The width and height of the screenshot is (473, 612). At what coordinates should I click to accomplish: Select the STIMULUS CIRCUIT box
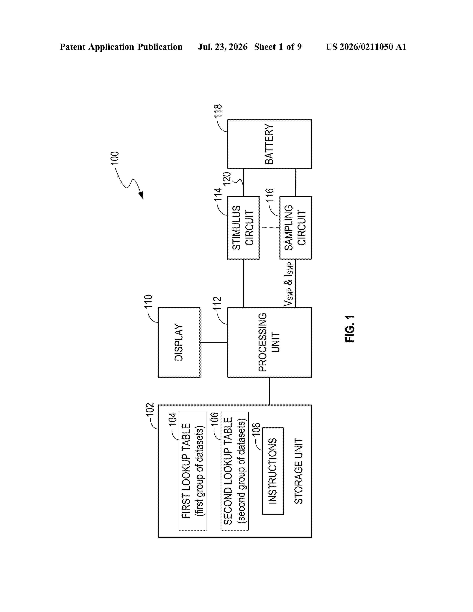coord(243,228)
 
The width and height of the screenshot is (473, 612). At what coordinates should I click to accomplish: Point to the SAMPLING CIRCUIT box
coord(295,228)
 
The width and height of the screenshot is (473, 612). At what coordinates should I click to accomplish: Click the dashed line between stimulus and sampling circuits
coord(269,228)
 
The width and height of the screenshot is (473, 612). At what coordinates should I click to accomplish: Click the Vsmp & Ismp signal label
coord(289,284)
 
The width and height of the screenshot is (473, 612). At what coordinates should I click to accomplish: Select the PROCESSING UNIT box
coord(269,342)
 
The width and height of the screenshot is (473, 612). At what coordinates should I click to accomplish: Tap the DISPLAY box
coord(179,342)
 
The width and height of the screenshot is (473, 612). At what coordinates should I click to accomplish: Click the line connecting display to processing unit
coord(214,342)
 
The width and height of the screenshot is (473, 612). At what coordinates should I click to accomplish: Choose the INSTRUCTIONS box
coord(273,471)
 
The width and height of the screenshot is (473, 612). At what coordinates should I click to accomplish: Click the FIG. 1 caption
coord(350,328)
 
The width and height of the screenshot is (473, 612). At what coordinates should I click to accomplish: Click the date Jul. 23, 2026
coord(223,47)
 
